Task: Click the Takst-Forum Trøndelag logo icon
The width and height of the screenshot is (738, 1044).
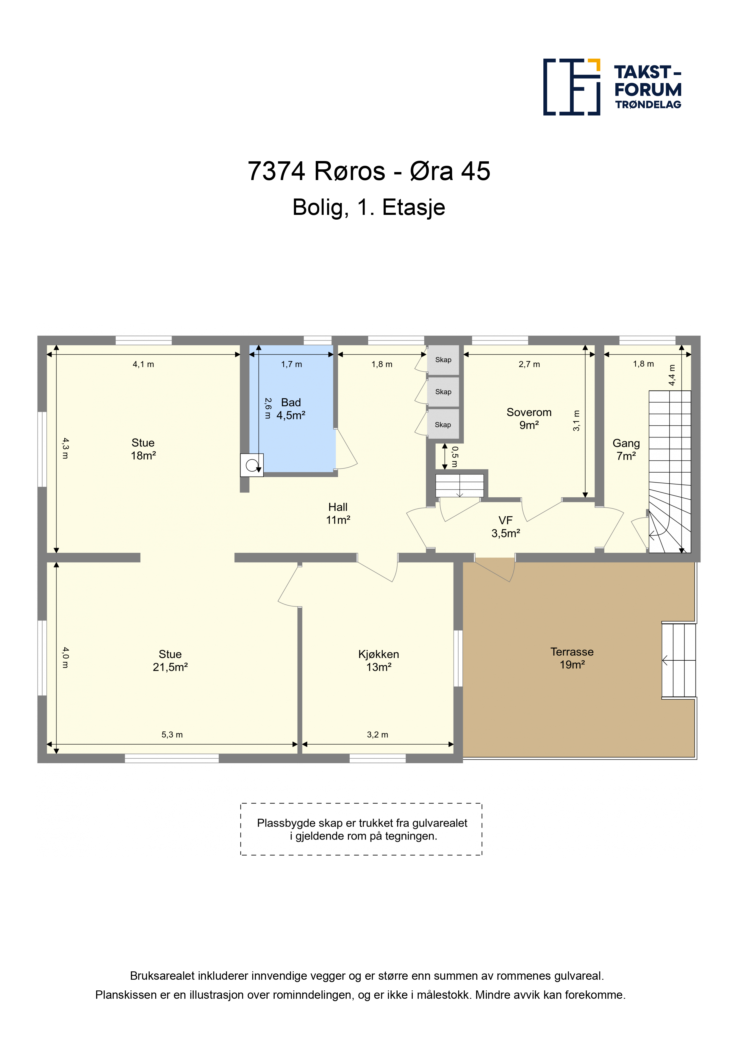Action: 572,87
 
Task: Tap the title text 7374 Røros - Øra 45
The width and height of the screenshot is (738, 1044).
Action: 369,171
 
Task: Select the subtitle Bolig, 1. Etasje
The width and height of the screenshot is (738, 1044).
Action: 369,207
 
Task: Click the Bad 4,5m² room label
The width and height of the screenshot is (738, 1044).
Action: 291,409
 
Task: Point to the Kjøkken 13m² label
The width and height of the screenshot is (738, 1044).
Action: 379,661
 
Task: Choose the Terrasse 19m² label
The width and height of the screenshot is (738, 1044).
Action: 572,658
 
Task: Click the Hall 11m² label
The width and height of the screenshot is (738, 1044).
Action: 338,513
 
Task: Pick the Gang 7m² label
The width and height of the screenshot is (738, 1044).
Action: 626,450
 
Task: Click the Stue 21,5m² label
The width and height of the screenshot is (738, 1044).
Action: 170,661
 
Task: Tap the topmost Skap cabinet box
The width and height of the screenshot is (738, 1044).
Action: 443,360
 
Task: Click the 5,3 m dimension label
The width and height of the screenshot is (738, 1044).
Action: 172,734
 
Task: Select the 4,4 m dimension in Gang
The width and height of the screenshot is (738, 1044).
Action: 672,375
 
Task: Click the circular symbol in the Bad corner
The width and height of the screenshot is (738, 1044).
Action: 251,465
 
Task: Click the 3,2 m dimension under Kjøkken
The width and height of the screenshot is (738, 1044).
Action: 377,734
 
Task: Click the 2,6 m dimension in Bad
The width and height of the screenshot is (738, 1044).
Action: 268,408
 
